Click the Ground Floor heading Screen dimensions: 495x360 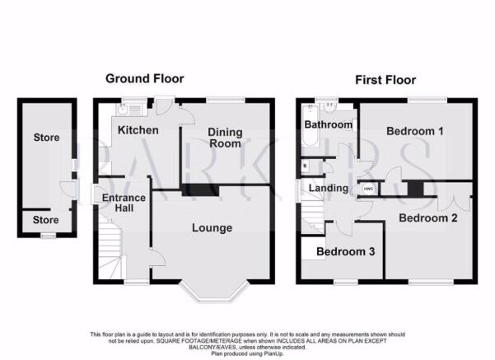coord(145,78)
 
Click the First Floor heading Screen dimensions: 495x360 coord(385,80)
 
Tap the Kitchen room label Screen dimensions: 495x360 coord(138,130)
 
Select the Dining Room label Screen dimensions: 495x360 coord(225,138)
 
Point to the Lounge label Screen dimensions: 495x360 coord(212,227)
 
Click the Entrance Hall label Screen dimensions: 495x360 coord(124,203)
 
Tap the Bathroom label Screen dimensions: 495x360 coord(329,124)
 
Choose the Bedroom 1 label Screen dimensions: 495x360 coord(415,131)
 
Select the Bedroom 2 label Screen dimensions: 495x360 coord(428,217)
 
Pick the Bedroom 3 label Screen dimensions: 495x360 coord(346,251)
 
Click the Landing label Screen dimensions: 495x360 coord(329,188)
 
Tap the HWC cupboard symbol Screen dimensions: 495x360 coord(368,189)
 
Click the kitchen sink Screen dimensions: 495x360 coord(123,110)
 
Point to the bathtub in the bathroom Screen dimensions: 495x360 coord(310,125)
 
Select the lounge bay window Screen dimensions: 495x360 coord(213,291)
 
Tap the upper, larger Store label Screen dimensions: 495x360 coord(46,138)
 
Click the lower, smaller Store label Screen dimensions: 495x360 coord(46,220)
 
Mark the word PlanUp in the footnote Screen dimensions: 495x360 coord(273,353)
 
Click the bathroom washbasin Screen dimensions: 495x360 coord(329,107)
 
